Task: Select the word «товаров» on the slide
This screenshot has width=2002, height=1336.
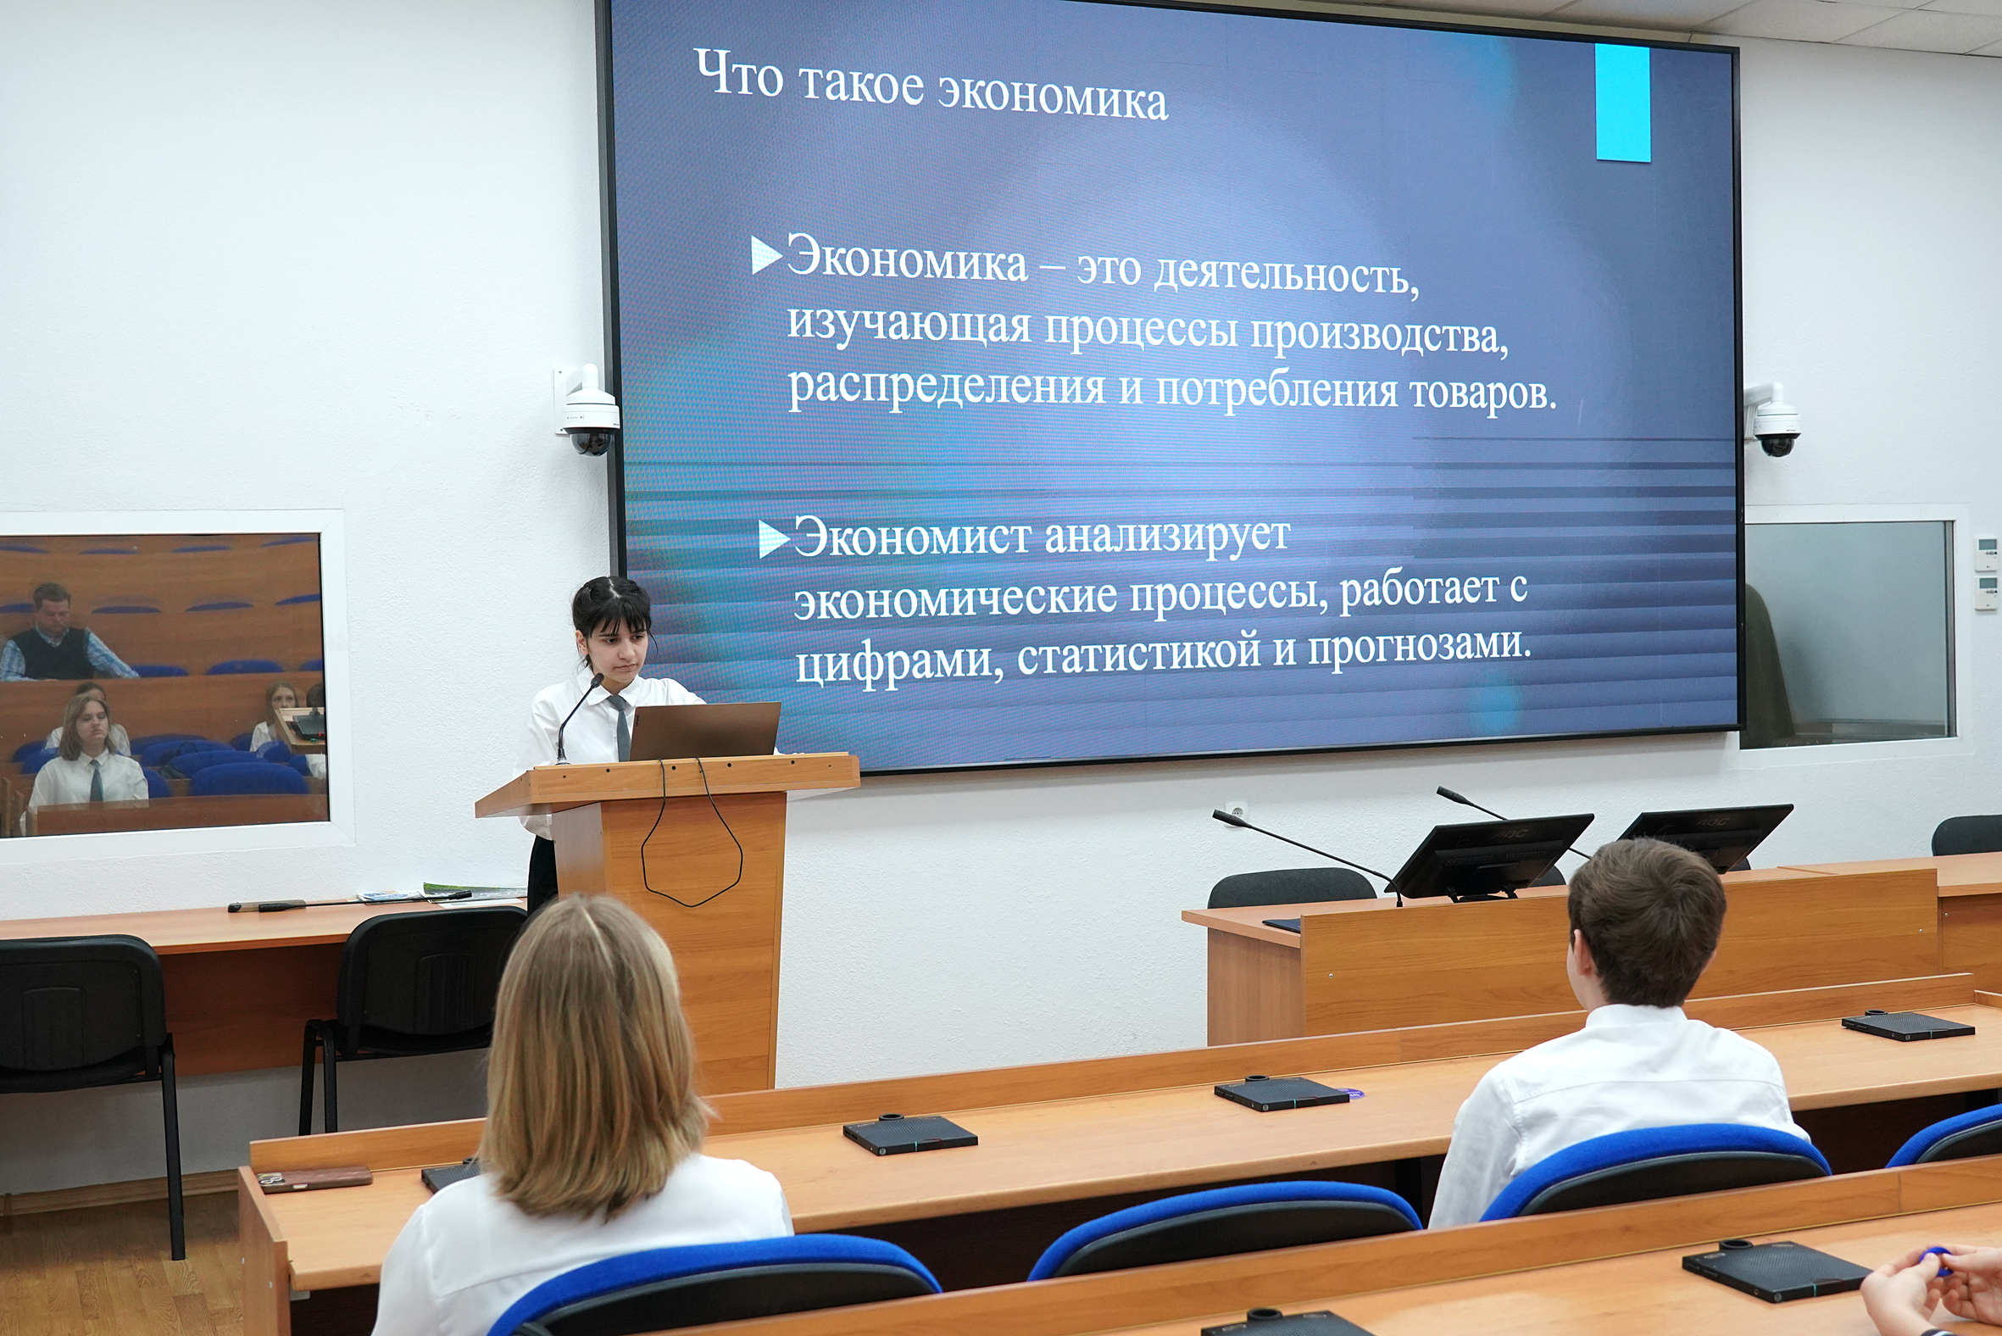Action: click(1483, 392)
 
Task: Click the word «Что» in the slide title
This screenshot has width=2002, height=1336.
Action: click(738, 73)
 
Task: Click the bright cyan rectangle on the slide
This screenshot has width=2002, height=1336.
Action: click(1623, 103)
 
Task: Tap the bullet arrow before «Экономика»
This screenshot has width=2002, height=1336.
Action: click(766, 255)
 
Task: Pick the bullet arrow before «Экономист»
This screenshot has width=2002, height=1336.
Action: click(773, 538)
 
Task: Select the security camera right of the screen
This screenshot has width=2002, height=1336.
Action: click(1774, 421)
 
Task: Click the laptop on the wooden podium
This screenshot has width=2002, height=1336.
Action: click(703, 731)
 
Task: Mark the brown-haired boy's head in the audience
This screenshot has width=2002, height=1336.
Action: click(1644, 925)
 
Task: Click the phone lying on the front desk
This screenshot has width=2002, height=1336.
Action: click(315, 1178)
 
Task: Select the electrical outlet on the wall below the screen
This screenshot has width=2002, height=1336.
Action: click(1235, 809)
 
